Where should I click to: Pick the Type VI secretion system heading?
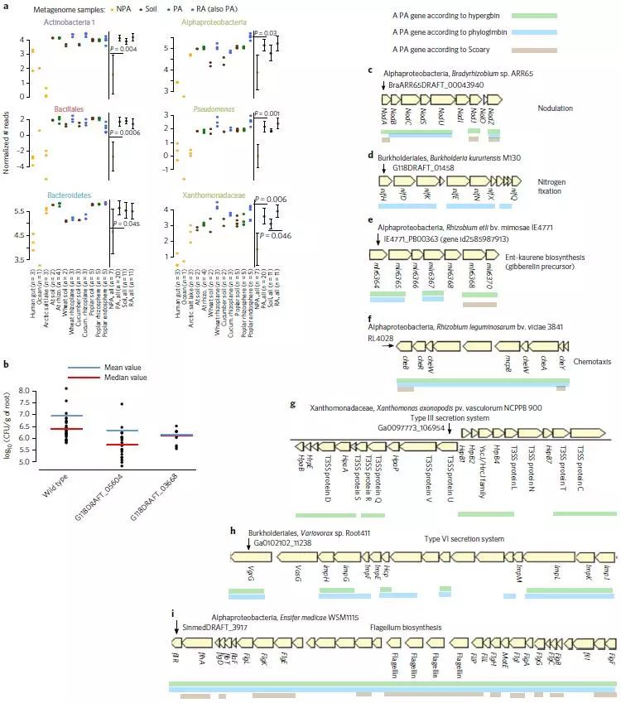[x=464, y=539]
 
